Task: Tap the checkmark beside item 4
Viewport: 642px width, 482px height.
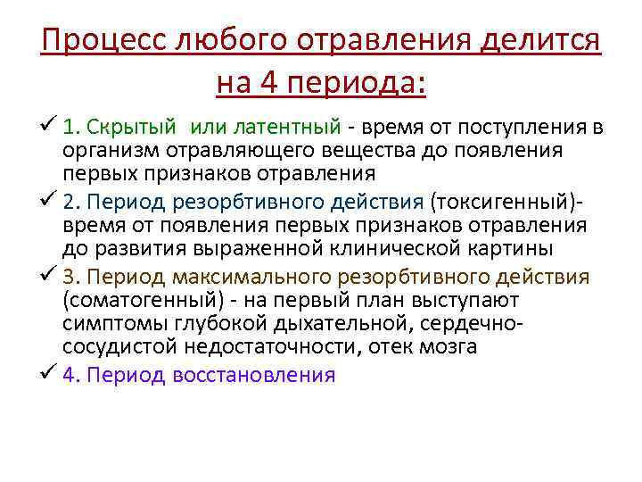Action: tap(49, 372)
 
